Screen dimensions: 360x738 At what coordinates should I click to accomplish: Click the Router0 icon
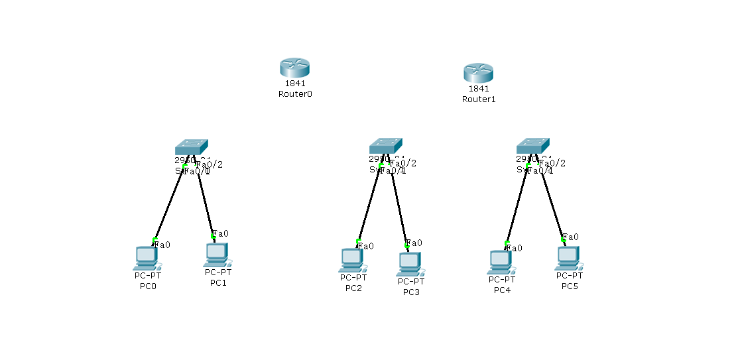click(294, 67)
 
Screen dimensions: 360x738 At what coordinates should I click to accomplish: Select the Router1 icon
click(478, 72)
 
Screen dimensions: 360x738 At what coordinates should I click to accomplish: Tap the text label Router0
click(295, 94)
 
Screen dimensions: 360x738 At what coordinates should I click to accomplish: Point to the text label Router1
click(479, 99)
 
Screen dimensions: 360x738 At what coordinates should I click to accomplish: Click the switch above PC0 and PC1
click(191, 147)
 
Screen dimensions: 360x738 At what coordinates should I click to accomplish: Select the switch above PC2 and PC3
click(385, 145)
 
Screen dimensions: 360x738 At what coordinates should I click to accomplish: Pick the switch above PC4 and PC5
click(532, 145)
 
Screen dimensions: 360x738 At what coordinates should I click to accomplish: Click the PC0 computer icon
click(146, 257)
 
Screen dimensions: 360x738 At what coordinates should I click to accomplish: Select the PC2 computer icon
click(351, 260)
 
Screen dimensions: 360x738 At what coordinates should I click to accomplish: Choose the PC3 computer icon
click(410, 263)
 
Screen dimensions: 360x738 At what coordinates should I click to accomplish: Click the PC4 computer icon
click(500, 262)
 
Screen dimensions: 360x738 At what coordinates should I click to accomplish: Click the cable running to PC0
click(168, 202)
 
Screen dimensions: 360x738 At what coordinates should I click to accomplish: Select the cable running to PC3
click(399, 206)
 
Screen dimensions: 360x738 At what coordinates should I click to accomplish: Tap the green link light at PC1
click(213, 236)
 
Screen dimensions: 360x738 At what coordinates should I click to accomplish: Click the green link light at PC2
click(359, 241)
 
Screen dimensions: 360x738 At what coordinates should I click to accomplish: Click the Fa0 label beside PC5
click(570, 237)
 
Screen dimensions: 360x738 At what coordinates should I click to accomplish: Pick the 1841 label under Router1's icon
click(479, 89)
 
